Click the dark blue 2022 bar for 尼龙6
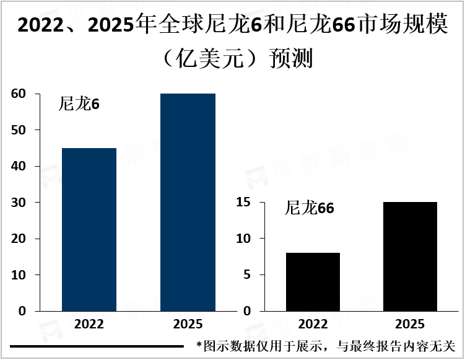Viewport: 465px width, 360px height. (89, 229)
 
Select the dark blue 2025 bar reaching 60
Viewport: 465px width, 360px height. (188, 202)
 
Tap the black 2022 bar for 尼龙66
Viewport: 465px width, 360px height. (313, 281)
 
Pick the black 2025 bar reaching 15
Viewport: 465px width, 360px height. (410, 256)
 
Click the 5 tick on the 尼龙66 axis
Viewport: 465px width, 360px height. (246, 275)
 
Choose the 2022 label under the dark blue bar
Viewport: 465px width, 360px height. (89, 324)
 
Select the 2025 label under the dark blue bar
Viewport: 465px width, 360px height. (188, 324)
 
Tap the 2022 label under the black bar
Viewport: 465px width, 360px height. (313, 324)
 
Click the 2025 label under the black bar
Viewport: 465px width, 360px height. (410, 324)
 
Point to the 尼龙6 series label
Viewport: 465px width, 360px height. (79, 104)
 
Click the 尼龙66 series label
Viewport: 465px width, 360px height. (309, 208)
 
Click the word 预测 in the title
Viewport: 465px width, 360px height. (292, 58)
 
